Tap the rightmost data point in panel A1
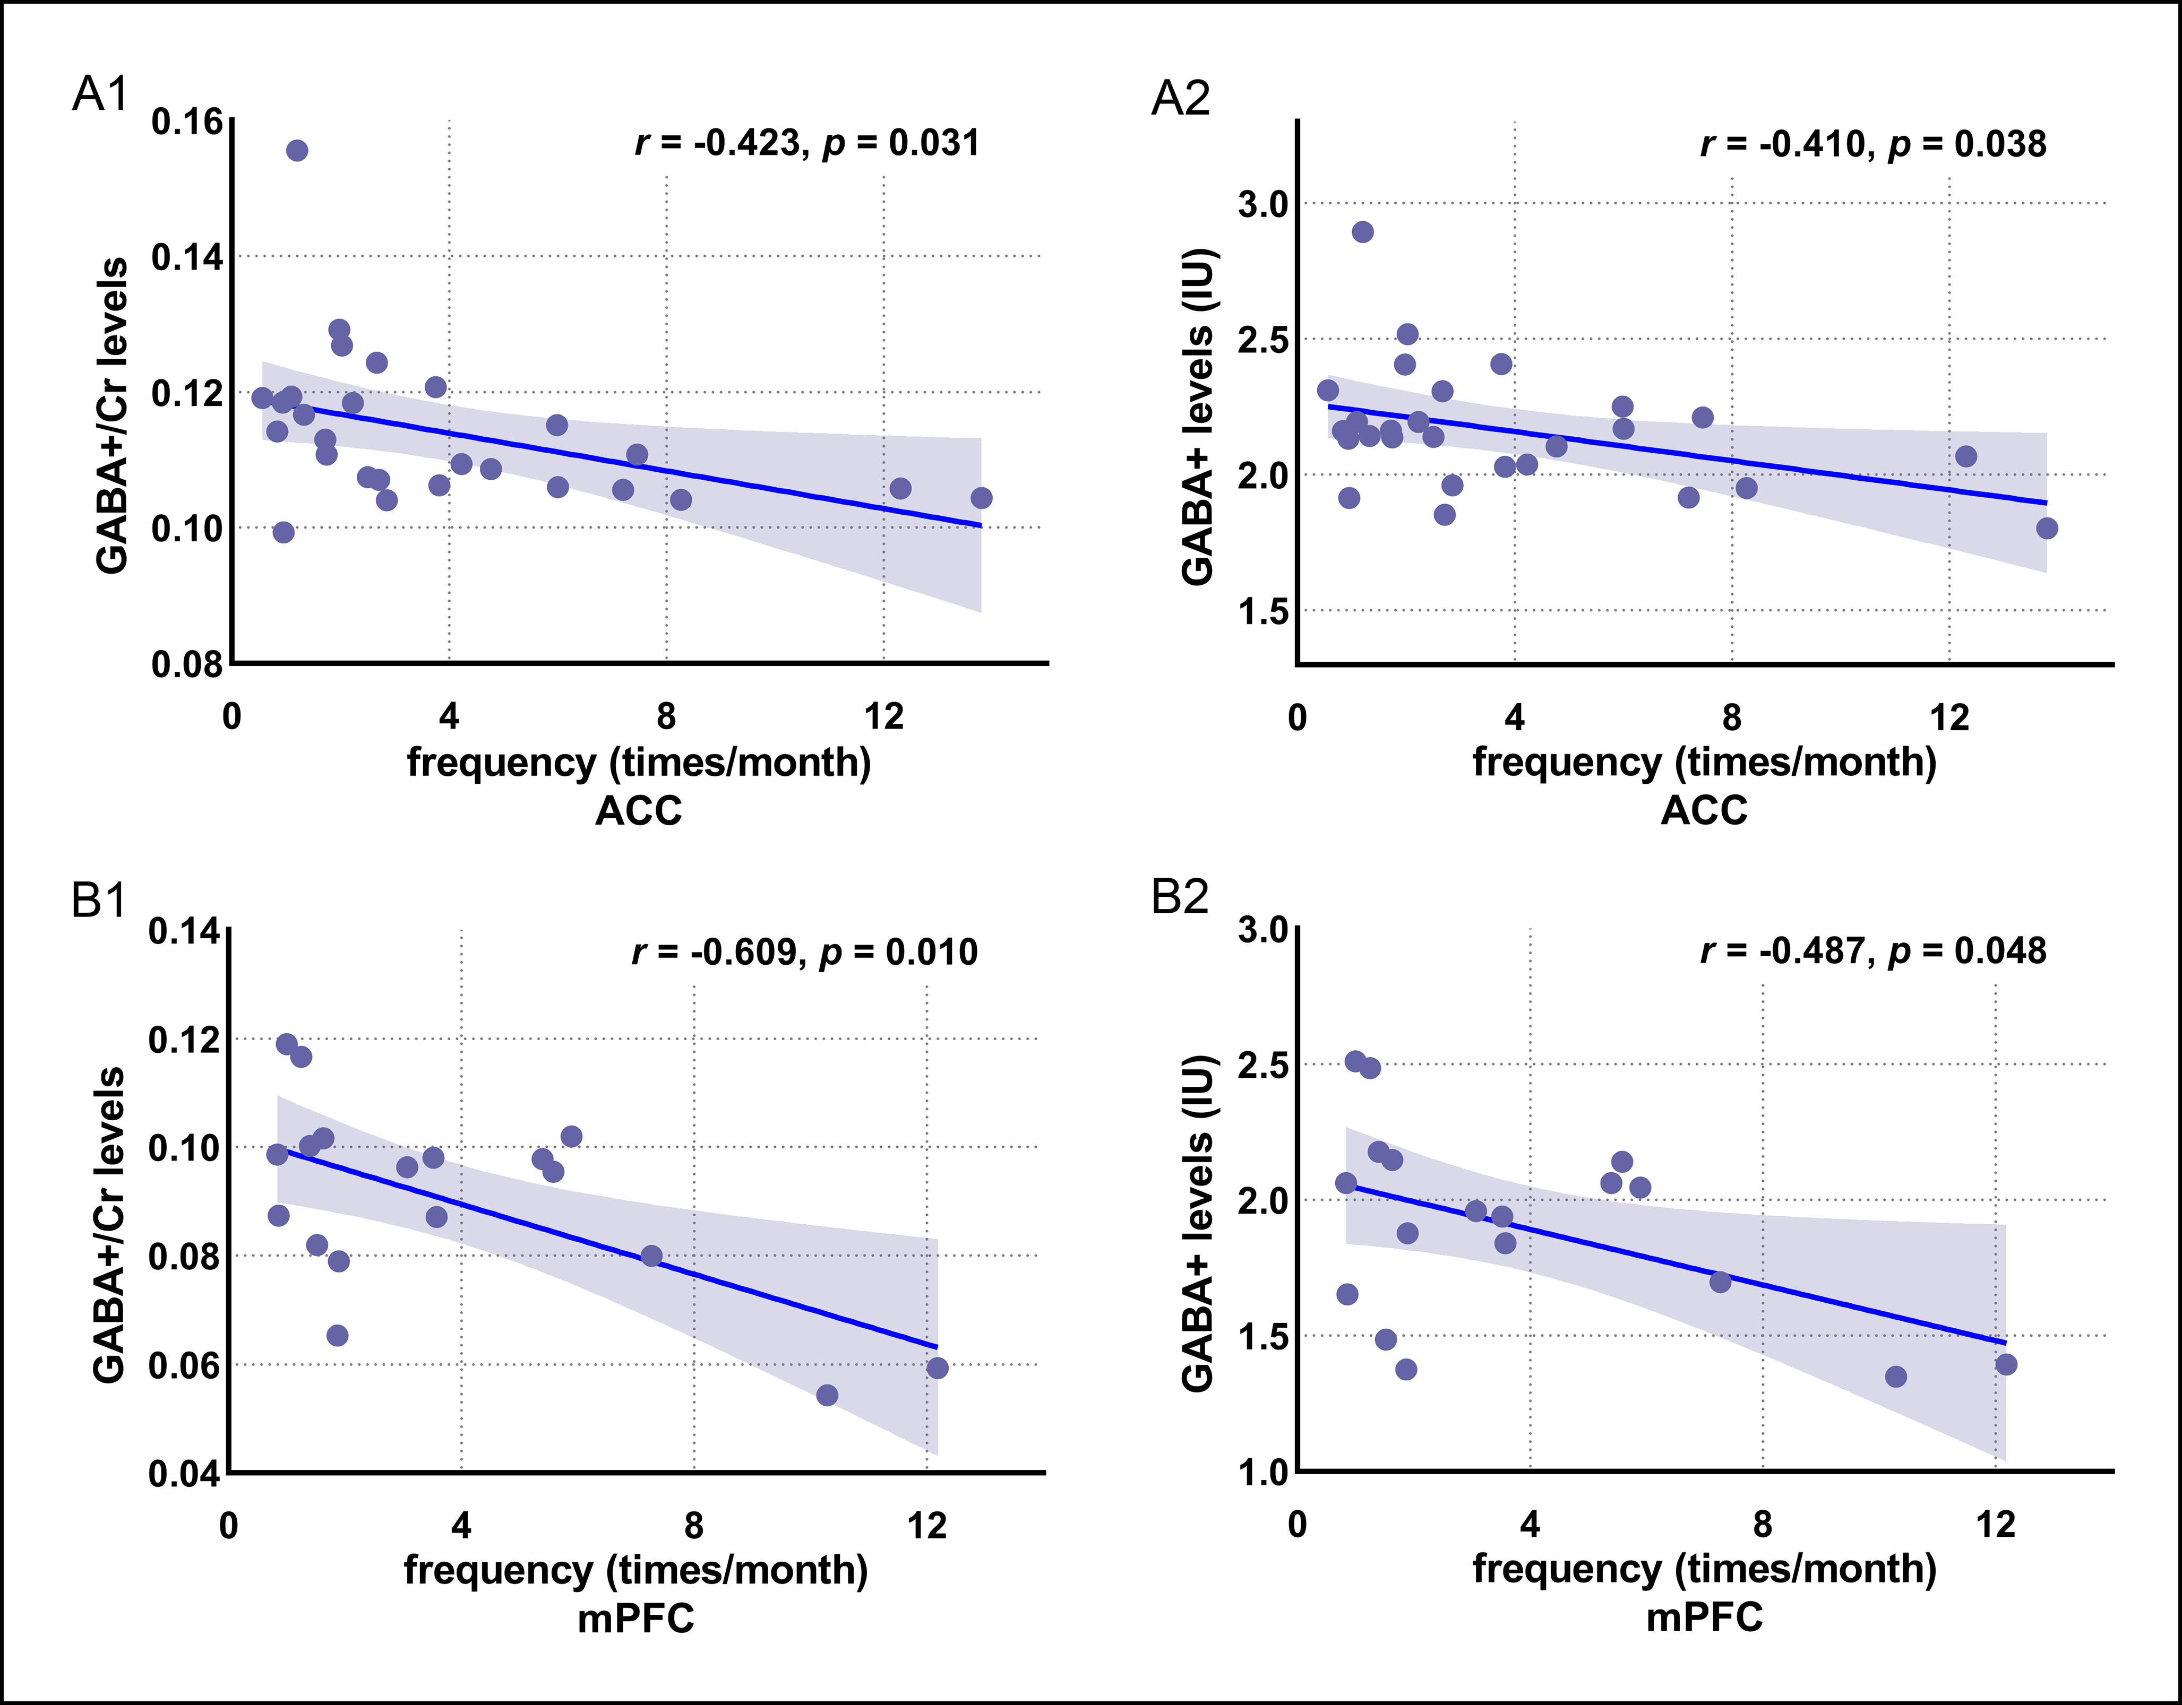click(981, 497)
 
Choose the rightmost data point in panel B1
click(937, 1368)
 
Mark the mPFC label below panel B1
click(635, 1617)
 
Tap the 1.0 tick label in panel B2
click(1263, 1472)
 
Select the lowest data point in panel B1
click(826, 1395)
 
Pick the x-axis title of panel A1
click(639, 762)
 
